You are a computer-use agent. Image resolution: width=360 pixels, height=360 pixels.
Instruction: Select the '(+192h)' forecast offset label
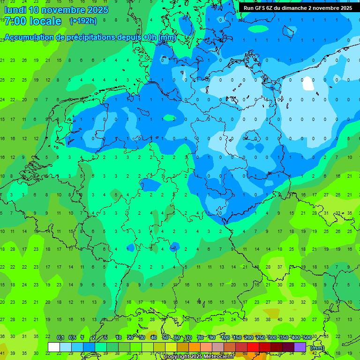83,21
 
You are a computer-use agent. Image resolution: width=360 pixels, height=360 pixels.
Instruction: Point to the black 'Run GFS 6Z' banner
298,7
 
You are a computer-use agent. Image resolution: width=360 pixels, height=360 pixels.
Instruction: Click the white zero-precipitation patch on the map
308,83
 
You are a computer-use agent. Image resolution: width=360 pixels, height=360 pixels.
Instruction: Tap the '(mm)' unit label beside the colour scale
317,348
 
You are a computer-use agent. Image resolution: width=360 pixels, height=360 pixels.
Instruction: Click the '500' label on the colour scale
307,337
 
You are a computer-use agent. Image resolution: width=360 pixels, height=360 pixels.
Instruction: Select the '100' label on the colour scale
225,337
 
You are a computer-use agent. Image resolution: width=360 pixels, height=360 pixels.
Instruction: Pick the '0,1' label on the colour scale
60,337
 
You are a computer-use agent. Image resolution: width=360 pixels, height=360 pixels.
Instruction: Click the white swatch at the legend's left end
54,347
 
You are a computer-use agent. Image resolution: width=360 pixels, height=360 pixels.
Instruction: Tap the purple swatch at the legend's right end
300,347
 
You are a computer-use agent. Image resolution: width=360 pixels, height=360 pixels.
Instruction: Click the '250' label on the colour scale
260,337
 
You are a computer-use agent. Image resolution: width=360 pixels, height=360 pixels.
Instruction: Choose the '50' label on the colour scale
165,337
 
